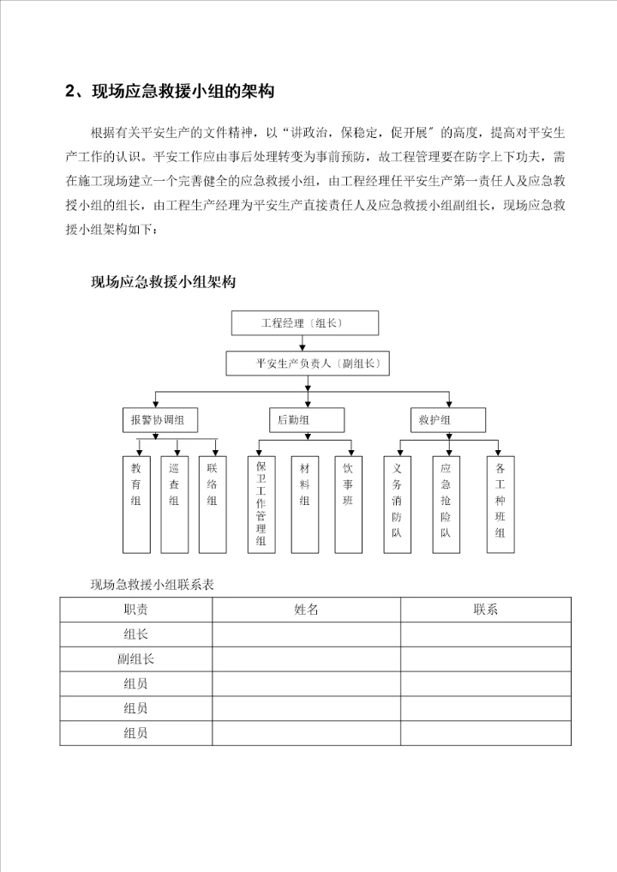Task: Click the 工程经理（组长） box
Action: point(305,323)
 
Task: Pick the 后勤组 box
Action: point(306,419)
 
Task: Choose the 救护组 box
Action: point(446,419)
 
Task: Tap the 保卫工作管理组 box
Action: point(262,502)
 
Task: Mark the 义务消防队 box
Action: point(397,502)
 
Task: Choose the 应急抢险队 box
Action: point(446,502)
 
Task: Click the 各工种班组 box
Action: point(500,502)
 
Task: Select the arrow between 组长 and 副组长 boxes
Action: point(303,343)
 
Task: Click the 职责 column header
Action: point(135,610)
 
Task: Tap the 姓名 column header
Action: point(306,610)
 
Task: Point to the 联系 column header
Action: point(485,610)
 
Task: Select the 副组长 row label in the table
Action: point(135,659)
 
